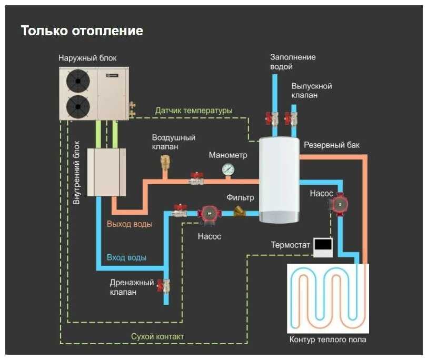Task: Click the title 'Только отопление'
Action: click(x=82, y=31)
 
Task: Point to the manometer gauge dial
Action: click(x=228, y=169)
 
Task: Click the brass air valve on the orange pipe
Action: click(x=164, y=164)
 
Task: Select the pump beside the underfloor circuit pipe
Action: click(x=340, y=203)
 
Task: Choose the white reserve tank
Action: click(x=279, y=179)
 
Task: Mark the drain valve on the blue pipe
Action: click(x=165, y=286)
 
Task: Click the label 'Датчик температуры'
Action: click(x=193, y=111)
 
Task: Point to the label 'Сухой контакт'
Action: click(x=157, y=336)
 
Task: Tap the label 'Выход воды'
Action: click(x=130, y=224)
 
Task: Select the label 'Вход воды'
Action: click(x=126, y=258)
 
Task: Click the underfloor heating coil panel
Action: click(x=327, y=298)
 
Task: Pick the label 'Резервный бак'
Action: click(x=332, y=145)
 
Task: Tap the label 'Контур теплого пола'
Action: click(x=327, y=339)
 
